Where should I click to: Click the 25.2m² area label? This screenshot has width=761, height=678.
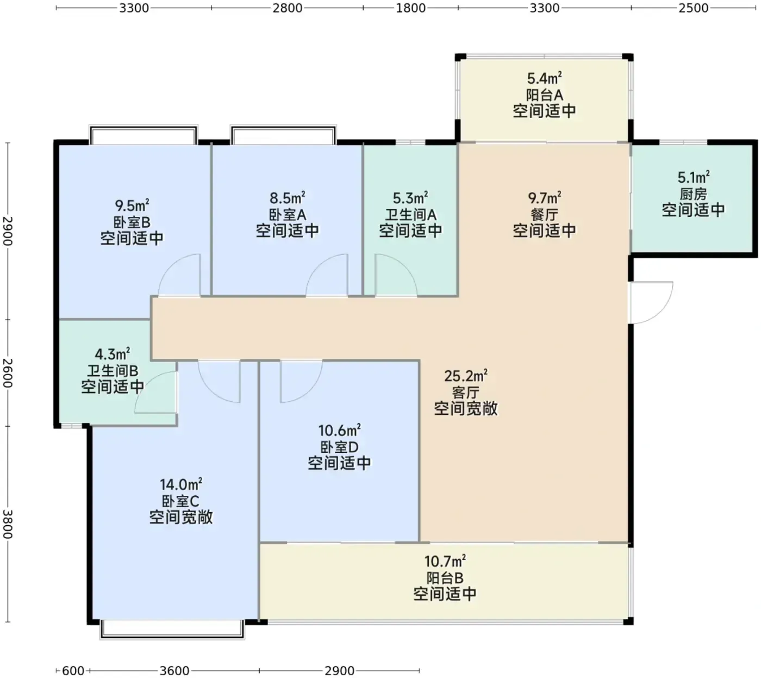(x=466, y=376)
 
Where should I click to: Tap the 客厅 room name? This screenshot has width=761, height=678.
(x=466, y=393)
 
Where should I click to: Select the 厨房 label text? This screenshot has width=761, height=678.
(x=694, y=194)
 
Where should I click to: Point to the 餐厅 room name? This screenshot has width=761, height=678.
(x=544, y=215)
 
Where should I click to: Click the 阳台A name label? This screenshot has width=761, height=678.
(x=544, y=95)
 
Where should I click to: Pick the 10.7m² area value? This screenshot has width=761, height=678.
(x=445, y=561)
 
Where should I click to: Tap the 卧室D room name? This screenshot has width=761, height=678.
(x=339, y=447)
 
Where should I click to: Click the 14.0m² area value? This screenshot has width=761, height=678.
(x=181, y=484)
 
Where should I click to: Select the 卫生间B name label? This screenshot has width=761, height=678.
(x=113, y=371)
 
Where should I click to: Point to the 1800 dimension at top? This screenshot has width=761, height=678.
(x=410, y=8)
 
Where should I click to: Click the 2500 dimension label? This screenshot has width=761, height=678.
(x=694, y=8)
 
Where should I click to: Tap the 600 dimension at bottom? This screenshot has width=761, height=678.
(x=73, y=670)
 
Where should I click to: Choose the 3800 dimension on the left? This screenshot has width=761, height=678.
(x=8, y=524)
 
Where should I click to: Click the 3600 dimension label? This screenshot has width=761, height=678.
(x=174, y=670)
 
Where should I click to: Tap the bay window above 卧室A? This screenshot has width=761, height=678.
(x=283, y=134)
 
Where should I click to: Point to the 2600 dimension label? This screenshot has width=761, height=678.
(x=8, y=373)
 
